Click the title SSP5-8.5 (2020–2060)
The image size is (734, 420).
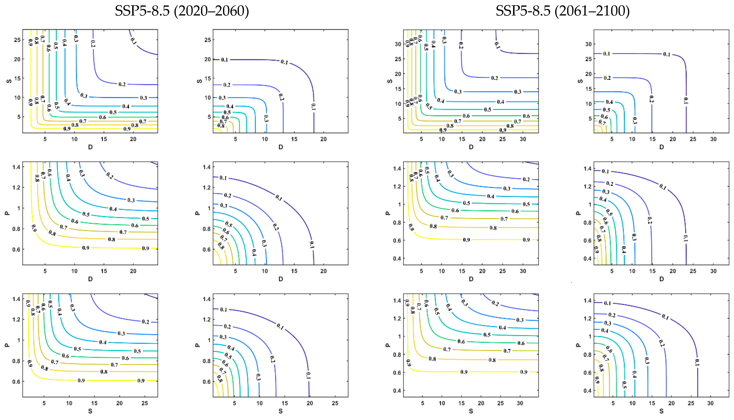point(182,11)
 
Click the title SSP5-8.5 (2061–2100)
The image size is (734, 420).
point(562,11)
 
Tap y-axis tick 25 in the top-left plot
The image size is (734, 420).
point(17,40)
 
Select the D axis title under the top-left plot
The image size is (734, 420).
point(90,147)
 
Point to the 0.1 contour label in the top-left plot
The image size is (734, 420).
point(133,41)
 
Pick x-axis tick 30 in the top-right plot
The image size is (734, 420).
point(713,139)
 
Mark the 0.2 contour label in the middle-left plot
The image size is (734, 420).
point(110,175)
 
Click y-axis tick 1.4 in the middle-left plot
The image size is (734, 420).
point(16,167)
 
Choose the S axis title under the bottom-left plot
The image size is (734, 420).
point(90,411)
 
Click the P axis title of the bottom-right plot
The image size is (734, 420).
point(578,345)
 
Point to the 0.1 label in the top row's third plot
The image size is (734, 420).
point(497,45)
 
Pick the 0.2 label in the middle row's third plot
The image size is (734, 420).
point(526,179)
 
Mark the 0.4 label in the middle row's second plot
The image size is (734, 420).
point(254,252)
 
